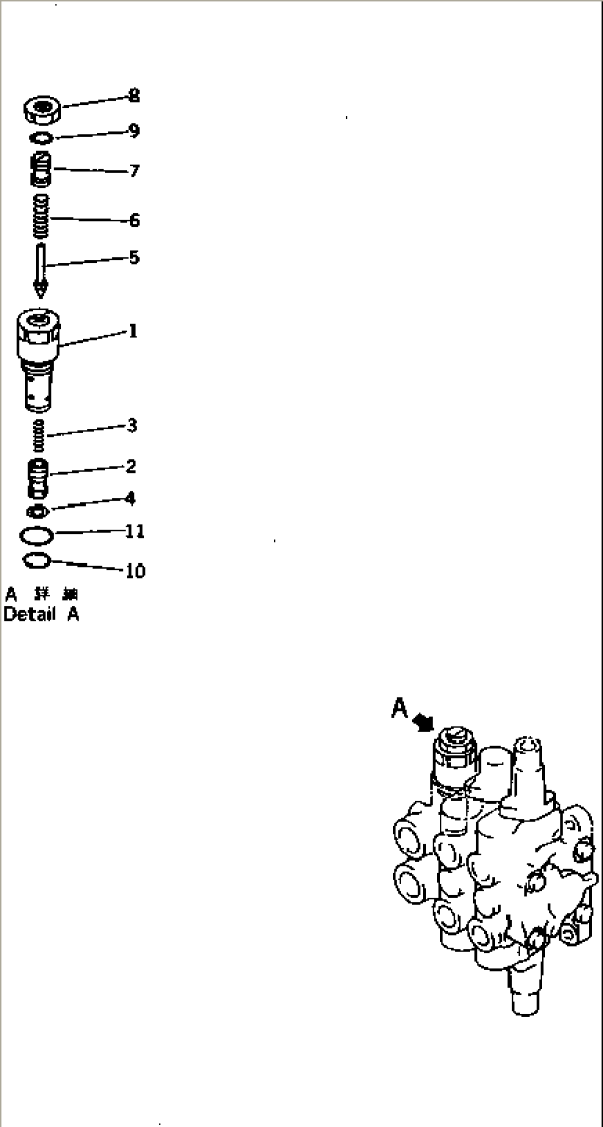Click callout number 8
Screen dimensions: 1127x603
click(134, 96)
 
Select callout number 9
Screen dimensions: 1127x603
click(134, 131)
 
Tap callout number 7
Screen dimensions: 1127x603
click(134, 170)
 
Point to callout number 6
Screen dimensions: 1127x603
click(134, 220)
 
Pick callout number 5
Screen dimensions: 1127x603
click(134, 257)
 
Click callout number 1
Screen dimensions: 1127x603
click(133, 331)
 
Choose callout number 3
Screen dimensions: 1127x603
click(132, 425)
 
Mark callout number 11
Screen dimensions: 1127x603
click(135, 531)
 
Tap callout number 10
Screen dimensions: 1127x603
click(136, 570)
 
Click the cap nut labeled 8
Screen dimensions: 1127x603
click(42, 111)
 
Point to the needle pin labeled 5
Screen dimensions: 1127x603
click(40, 268)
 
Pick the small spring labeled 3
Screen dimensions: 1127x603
click(39, 435)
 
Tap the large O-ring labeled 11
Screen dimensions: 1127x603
click(37, 536)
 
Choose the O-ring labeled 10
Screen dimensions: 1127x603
click(37, 561)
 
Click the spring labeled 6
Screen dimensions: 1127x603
click(41, 217)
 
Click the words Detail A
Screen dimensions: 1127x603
click(41, 614)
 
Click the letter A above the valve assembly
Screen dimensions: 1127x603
click(399, 708)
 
